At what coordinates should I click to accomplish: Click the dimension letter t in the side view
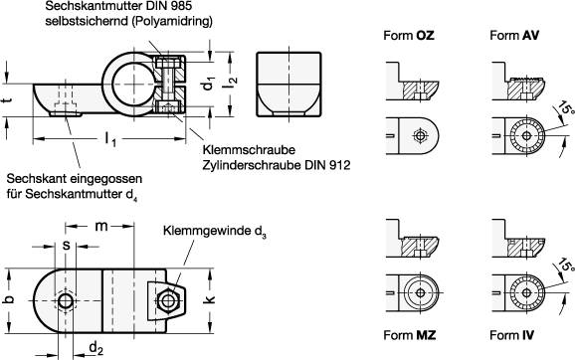(x=8, y=100)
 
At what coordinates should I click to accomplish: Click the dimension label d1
(x=209, y=85)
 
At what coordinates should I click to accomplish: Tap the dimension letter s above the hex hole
(x=66, y=245)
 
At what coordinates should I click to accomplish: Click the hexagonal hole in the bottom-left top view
(x=66, y=301)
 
